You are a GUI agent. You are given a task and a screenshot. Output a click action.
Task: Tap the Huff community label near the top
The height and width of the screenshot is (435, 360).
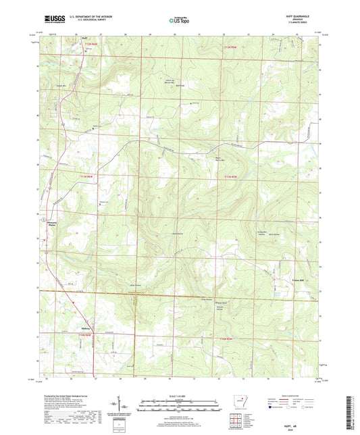(x=76, y=40)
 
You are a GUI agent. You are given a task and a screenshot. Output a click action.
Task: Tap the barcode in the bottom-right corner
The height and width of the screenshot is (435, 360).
(x=350, y=413)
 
